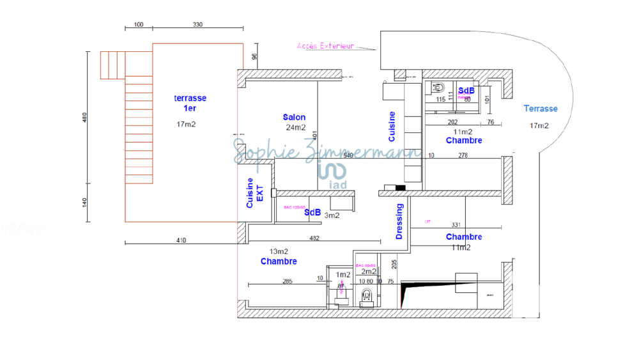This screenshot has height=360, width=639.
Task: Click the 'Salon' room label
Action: click(x=294, y=117)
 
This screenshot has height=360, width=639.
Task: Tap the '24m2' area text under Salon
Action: click(x=296, y=127)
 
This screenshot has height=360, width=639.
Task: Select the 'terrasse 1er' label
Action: click(x=190, y=103)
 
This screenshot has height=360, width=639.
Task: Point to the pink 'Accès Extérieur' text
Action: click(x=326, y=46)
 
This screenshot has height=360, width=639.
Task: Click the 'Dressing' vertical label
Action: click(x=400, y=221)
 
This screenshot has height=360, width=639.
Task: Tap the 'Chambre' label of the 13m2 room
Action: click(x=279, y=262)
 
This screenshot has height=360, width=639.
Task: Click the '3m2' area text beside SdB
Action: click(x=332, y=215)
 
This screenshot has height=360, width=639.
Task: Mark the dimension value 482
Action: click(x=314, y=239)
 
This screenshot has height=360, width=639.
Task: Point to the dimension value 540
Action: click(x=348, y=155)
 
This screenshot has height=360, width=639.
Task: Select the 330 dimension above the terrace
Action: click(x=197, y=25)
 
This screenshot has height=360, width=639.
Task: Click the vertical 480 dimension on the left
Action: click(x=85, y=118)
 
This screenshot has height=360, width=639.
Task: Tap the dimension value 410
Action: click(x=181, y=240)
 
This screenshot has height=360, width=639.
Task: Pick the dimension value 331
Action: click(x=456, y=225)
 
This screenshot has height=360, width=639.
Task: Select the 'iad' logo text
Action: click(x=338, y=184)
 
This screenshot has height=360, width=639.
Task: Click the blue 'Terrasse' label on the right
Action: click(x=541, y=109)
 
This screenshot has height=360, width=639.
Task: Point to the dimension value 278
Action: click(x=464, y=155)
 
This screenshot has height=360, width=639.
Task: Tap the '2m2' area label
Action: click(x=369, y=272)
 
